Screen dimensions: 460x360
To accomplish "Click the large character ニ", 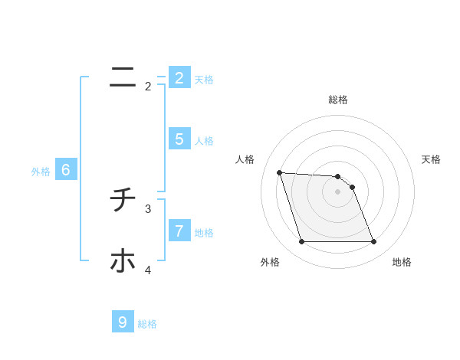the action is coord(123,77).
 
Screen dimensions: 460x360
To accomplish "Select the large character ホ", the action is coord(123,261).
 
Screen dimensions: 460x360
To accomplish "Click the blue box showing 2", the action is coord(179,78).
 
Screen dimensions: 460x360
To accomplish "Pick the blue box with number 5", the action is coord(179,139).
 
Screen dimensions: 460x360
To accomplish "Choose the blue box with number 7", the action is coord(179,230).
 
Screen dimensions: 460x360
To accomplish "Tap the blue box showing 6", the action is coord(66,170).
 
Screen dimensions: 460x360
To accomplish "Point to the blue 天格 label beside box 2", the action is coord(204,80).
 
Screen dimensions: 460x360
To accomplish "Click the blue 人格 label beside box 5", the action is coord(204,141).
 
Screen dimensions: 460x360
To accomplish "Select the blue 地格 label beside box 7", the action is coord(204,232).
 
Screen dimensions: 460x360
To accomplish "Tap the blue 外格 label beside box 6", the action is coord(41,172).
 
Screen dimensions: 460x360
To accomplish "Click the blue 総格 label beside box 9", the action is coord(147,324).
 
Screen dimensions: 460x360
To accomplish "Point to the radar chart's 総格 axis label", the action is coord(338,100).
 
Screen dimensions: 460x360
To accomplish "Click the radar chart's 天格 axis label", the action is coord(431,159).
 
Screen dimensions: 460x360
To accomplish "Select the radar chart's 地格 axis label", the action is coord(402,262).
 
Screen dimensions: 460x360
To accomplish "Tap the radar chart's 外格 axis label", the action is coord(270,262).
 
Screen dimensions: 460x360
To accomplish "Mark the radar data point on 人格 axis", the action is coord(279,172).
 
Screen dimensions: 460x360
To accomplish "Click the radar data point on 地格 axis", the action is coord(373,242).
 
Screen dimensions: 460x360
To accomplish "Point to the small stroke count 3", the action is coord(148,208).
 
